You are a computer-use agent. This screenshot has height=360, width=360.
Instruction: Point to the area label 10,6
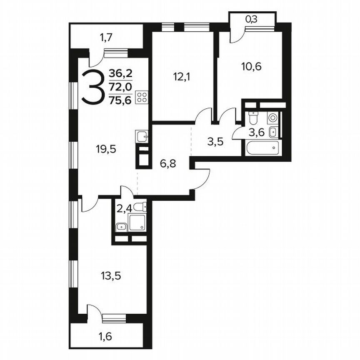coord(251,66)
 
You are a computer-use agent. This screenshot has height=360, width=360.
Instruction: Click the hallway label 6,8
coord(167,163)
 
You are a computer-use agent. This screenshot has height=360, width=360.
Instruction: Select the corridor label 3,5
coord(216,141)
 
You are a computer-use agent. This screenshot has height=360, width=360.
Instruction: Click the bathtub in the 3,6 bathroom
coord(262,147)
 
